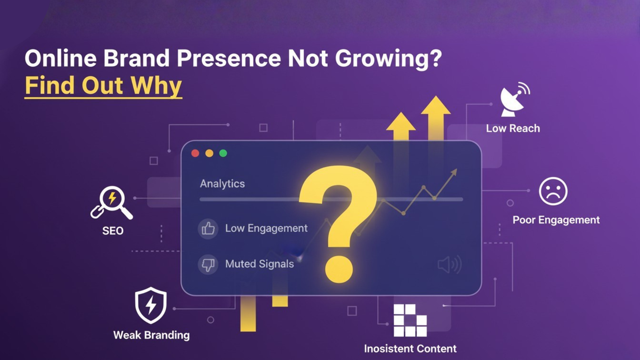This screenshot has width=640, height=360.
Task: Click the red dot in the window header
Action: [195, 153]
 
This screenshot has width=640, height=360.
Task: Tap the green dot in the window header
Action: [223, 153]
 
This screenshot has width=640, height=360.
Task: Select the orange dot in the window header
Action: [209, 153]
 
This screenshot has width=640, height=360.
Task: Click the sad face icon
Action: [553, 191]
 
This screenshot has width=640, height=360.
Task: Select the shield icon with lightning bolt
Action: [151, 305]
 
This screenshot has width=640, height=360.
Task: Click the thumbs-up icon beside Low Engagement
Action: [208, 229]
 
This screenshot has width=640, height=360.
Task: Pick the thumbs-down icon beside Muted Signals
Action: [208, 264]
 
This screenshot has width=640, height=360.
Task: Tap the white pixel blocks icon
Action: [410, 320]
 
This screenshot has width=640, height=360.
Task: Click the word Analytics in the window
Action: [222, 184]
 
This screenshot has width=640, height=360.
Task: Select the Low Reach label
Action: [513, 129]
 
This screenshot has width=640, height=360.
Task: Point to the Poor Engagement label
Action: [556, 220]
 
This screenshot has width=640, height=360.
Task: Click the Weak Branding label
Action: [151, 335]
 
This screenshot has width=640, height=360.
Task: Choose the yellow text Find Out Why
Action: [103, 85]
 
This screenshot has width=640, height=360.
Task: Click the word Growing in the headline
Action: [388, 59]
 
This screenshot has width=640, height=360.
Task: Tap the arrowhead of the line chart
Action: [454, 172]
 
